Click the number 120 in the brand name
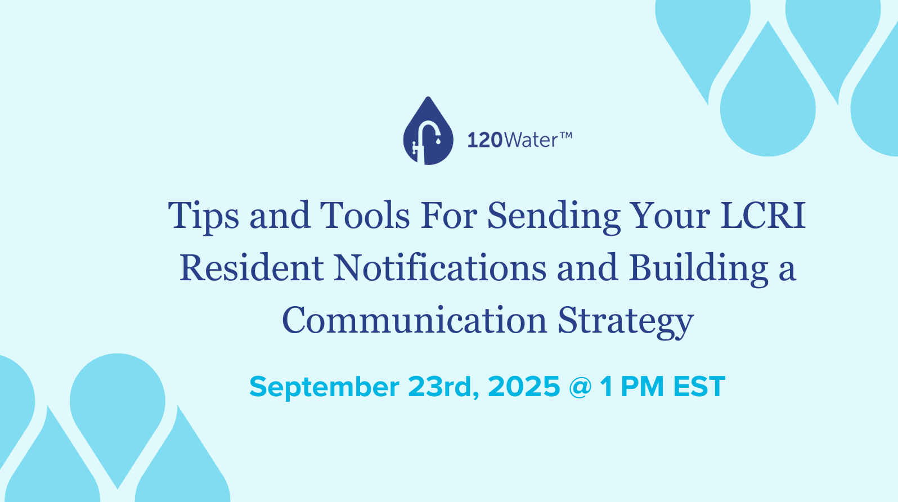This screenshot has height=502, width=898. click(484, 140)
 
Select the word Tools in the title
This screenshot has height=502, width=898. click(365, 216)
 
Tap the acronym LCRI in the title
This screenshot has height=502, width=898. click(763, 216)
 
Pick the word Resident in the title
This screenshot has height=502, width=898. click(252, 268)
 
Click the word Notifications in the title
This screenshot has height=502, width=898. click(440, 268)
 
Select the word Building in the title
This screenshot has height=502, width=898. click(699, 268)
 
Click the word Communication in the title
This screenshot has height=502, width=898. click(415, 320)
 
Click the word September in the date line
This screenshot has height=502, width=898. click(324, 387)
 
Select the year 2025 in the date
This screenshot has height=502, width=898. click(524, 387)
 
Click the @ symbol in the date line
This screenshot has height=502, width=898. click(580, 387)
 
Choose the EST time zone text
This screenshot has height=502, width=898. click(699, 387)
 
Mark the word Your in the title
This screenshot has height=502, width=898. click(670, 216)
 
